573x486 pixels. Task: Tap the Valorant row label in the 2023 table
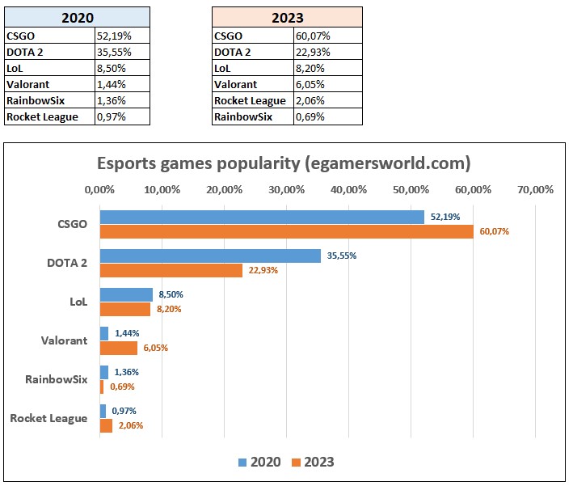click(x=236, y=84)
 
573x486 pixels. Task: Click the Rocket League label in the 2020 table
click(x=42, y=116)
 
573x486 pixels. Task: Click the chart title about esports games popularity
click(x=284, y=163)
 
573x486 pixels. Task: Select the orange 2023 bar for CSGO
click(x=286, y=231)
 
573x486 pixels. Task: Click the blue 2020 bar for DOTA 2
click(x=210, y=256)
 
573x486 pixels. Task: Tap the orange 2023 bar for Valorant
click(x=118, y=348)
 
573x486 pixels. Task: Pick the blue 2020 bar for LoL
click(x=126, y=294)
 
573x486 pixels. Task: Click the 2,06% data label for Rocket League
click(x=129, y=425)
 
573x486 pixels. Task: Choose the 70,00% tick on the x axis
click(x=535, y=190)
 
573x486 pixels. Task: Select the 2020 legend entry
click(x=259, y=463)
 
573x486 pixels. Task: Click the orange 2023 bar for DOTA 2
click(x=171, y=270)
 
